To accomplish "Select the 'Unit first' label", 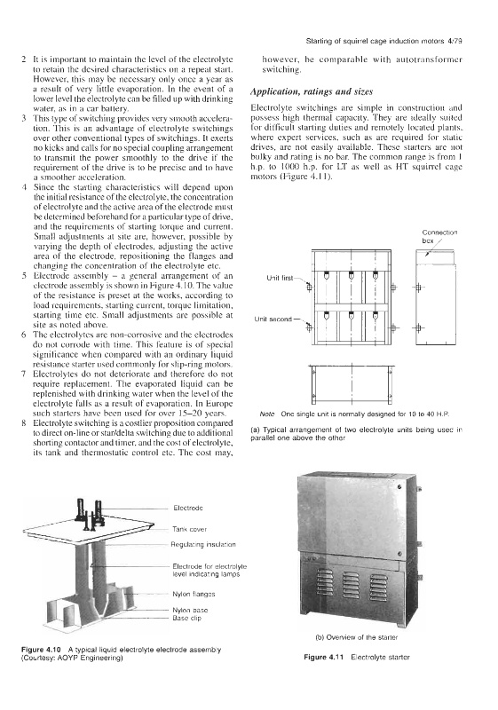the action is coord(280,278).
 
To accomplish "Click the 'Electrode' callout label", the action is coord(188,508).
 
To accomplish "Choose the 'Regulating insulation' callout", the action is coord(203,544).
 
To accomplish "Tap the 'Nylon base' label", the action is coord(190,610).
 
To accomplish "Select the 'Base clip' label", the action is coord(187,618).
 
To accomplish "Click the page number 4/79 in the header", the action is coord(455,41).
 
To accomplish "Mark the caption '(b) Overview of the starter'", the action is coord(356,637).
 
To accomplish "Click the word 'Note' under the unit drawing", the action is coord(267,414).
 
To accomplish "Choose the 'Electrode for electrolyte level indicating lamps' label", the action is coord(209,571).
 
